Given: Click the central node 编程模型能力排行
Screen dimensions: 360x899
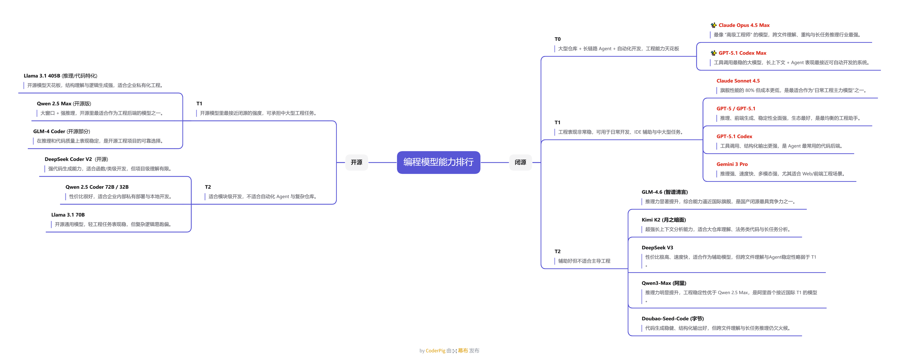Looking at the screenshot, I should pyautogui.click(x=438, y=162).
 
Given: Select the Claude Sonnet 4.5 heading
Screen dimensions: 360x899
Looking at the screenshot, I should pyautogui.click(x=738, y=81).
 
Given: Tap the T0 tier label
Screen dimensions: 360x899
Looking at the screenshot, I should pyautogui.click(x=557, y=39).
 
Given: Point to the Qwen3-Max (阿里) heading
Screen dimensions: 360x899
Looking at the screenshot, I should pyautogui.click(x=664, y=283).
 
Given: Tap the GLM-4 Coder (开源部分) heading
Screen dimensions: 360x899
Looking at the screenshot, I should pyautogui.click(x=61, y=132).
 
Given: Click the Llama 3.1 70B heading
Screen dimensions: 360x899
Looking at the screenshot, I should pyautogui.click(x=68, y=215).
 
